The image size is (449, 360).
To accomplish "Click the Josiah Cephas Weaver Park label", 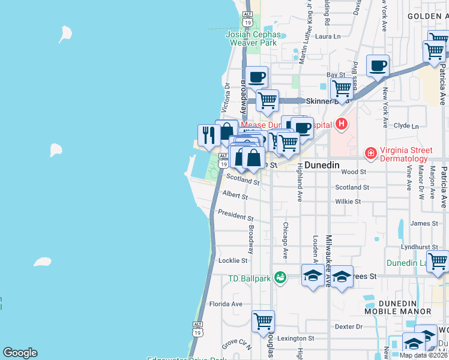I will click(x=251, y=38).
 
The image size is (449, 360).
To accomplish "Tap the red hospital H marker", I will click(x=342, y=125).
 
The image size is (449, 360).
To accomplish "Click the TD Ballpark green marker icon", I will click(x=280, y=277).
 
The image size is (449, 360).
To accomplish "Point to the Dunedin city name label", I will click(x=322, y=165).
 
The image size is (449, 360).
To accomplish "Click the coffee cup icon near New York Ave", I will click(x=378, y=65).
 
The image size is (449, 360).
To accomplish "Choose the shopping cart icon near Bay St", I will click(x=342, y=88).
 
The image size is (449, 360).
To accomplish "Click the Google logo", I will click(x=20, y=353).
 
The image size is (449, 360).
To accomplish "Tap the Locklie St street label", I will click(x=233, y=260).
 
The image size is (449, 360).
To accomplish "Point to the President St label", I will click(x=235, y=214).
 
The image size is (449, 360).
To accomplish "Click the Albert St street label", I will click(x=235, y=195).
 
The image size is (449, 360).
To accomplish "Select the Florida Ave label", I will click(x=225, y=304).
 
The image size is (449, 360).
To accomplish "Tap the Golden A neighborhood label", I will click(x=427, y=16).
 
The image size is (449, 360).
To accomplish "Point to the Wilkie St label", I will click(x=348, y=202).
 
